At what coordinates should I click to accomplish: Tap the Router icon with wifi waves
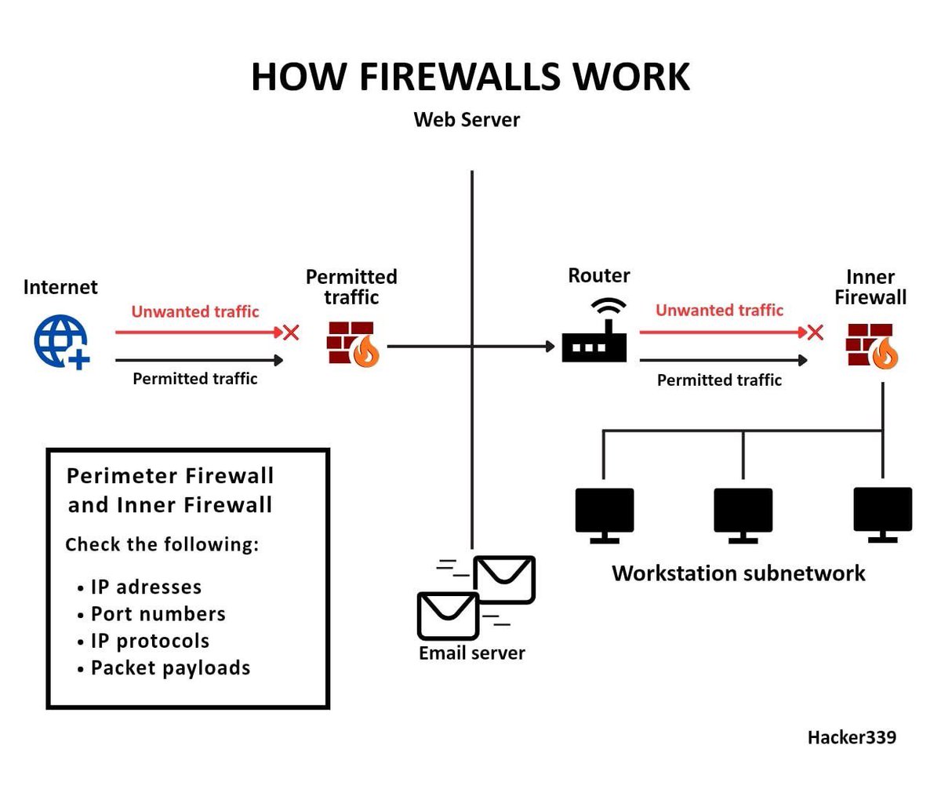pyautogui.click(x=594, y=332)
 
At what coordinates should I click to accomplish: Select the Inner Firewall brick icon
pyautogui.click(x=871, y=346)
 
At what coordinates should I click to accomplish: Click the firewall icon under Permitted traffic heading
pyautogui.click(x=352, y=344)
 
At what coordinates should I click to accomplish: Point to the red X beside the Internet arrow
pyautogui.click(x=291, y=333)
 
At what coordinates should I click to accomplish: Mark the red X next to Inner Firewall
pyautogui.click(x=816, y=333)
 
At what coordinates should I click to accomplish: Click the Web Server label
pyautogui.click(x=467, y=120)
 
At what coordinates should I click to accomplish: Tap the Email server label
pyautogui.click(x=471, y=653)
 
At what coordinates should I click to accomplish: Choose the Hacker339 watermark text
pyautogui.click(x=852, y=737)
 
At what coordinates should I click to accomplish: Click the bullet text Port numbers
pyautogui.click(x=158, y=614)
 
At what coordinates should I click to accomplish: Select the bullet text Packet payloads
pyautogui.click(x=170, y=668)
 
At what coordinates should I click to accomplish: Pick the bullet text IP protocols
pyautogui.click(x=150, y=641)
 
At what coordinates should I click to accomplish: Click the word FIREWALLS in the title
pyautogui.click(x=460, y=77)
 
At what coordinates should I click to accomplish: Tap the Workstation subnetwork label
pyautogui.click(x=738, y=573)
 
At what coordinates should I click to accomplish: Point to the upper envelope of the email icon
pyautogui.click(x=504, y=580)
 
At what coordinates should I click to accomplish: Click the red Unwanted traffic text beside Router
pyautogui.click(x=719, y=311)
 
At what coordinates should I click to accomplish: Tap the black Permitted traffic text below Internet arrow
pyautogui.click(x=194, y=379)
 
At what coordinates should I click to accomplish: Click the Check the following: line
pyautogui.click(x=162, y=544)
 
